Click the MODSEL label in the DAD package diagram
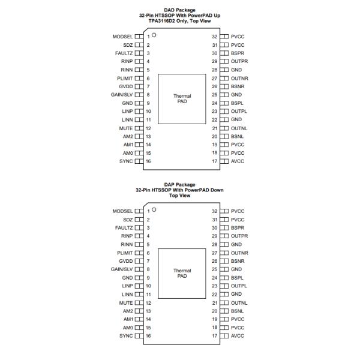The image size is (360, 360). [122, 36]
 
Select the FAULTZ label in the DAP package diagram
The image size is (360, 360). [124, 228]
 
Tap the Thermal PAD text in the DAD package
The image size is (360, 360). [182, 98]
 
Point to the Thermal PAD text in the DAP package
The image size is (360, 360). [182, 273]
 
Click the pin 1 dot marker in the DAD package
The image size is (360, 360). [154, 35]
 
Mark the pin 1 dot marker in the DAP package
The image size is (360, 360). [154, 209]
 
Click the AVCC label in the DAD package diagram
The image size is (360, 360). [238, 161]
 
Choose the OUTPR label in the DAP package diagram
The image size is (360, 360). [239, 236]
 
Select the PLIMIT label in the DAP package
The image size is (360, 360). [124, 253]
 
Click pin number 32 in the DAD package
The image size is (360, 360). [214, 36]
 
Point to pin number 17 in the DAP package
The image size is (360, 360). [214, 336]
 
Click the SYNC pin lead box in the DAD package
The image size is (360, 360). [139, 161]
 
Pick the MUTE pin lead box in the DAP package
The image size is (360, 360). [139, 303]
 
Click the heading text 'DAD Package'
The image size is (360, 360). [181, 10]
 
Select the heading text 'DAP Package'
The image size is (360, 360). [181, 185]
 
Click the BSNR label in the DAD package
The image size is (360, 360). [238, 86]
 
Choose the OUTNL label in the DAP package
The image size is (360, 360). [239, 303]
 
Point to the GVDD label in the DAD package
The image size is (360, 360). [125, 86]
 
